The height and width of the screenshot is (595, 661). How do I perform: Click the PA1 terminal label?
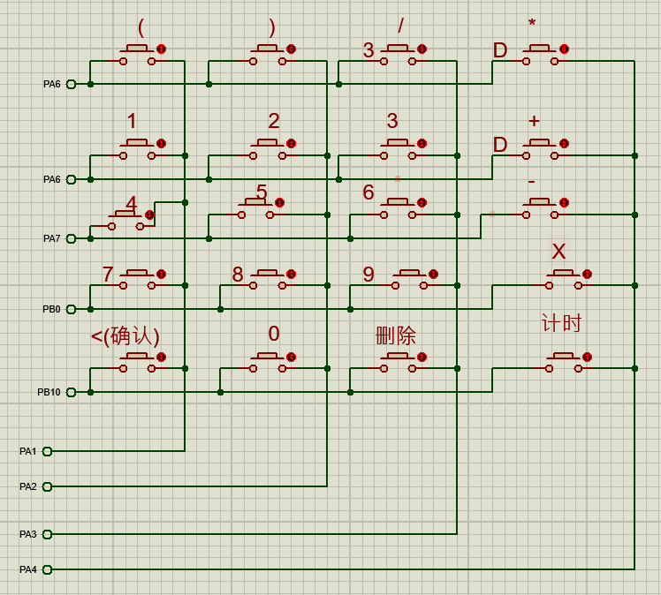(x=28, y=451)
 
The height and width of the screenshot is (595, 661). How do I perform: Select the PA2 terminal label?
(x=28, y=486)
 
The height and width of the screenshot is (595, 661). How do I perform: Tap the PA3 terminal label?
(x=28, y=534)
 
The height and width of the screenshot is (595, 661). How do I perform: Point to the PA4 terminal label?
(x=28, y=569)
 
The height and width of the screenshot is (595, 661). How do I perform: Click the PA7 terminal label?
(x=52, y=238)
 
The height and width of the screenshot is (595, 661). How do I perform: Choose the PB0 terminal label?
(x=52, y=309)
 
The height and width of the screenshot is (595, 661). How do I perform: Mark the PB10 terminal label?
(x=49, y=392)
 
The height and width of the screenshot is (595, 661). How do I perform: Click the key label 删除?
(x=396, y=335)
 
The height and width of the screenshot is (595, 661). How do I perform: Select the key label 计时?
(x=561, y=323)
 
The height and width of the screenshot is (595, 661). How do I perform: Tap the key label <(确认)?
(x=125, y=335)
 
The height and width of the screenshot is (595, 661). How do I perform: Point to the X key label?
(x=558, y=252)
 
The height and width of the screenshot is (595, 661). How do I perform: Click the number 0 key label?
(x=274, y=334)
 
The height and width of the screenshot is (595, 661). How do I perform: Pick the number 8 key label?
(x=238, y=275)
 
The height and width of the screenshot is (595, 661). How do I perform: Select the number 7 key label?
(x=108, y=275)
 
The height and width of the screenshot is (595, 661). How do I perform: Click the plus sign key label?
(x=533, y=120)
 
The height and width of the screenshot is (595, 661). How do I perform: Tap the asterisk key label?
(x=532, y=24)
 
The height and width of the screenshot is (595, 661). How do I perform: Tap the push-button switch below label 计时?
(x=563, y=362)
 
